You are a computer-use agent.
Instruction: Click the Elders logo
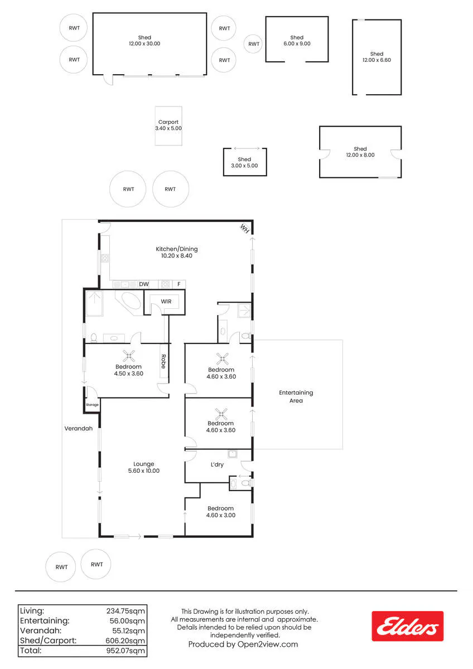[x=407, y=626]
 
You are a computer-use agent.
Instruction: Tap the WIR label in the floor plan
[x=166, y=302]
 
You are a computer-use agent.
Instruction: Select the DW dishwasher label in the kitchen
[x=144, y=284]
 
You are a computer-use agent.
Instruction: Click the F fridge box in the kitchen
[x=179, y=284]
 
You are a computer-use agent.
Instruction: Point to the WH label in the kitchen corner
[x=245, y=229]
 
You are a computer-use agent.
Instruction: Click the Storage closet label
[x=92, y=405]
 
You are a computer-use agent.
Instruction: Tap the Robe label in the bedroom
[x=163, y=361]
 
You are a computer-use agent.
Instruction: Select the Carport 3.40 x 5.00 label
[x=168, y=125]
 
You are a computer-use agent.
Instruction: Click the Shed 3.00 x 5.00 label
[x=244, y=162]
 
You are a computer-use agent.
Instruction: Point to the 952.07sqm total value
[x=126, y=651]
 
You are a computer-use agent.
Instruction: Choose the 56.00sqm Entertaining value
[x=127, y=621]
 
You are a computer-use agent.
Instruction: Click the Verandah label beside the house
[x=78, y=428]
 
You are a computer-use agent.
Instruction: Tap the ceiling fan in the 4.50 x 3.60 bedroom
[x=128, y=356]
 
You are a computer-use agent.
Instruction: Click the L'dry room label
[x=217, y=464]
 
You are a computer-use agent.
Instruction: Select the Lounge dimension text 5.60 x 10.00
[x=144, y=471]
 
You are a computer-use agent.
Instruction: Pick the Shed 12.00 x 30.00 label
[x=144, y=41]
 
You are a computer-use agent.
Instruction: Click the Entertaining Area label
[x=296, y=396]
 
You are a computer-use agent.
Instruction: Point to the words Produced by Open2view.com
[x=243, y=644]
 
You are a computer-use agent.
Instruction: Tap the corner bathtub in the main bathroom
[x=129, y=302]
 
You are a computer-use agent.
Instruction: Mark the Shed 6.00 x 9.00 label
[x=297, y=41]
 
